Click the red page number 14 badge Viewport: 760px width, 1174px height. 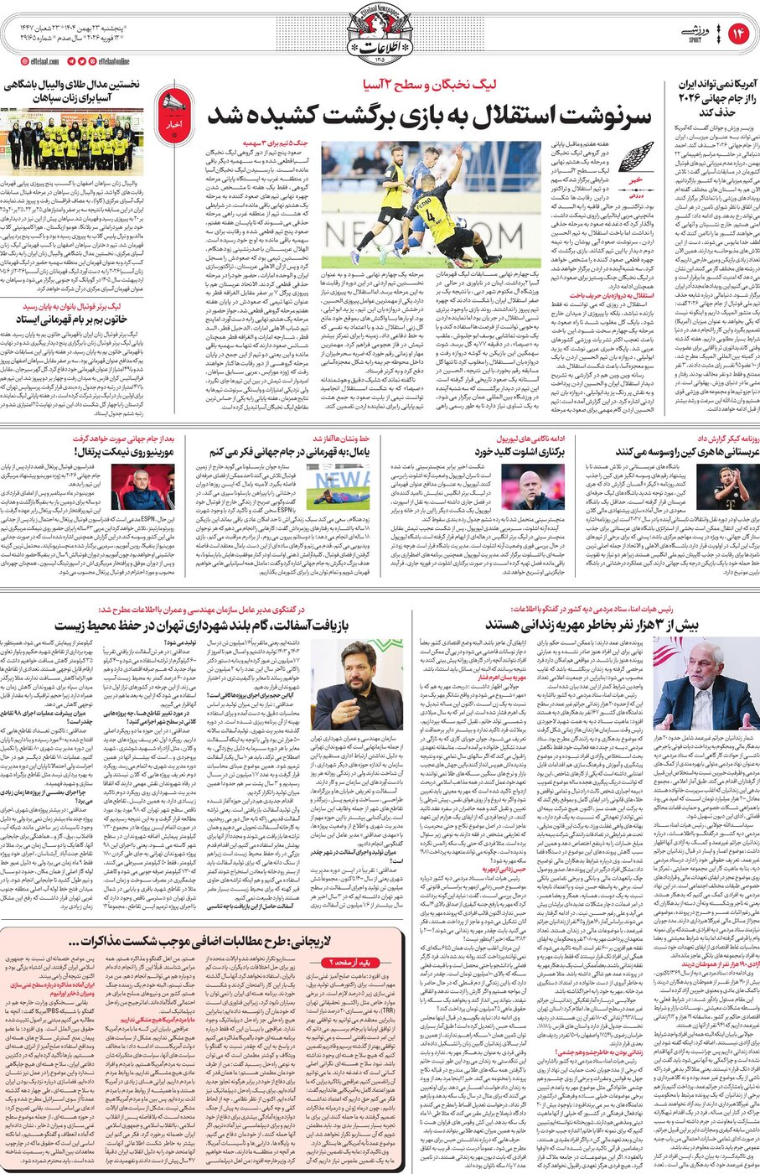[x=738, y=33]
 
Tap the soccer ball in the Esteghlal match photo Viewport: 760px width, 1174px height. [x=460, y=223]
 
